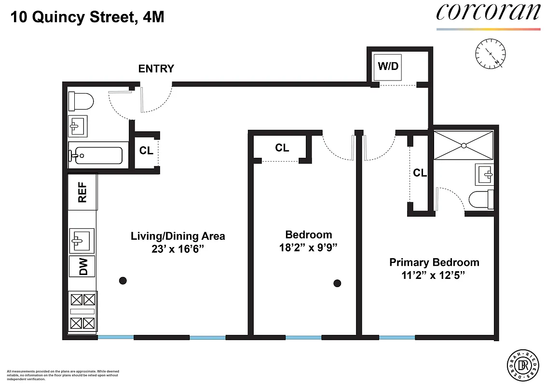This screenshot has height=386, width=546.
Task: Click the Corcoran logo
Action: point(488,13)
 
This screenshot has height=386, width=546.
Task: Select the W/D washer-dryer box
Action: point(388,67)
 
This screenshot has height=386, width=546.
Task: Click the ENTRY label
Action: point(156,69)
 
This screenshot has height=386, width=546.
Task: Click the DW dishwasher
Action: point(82,266)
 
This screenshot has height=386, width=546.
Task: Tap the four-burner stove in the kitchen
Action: point(83,311)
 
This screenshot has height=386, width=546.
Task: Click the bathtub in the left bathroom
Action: point(96,155)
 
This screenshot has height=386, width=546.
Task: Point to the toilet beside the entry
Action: point(81,101)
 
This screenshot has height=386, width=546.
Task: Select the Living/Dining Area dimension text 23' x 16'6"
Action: point(178,249)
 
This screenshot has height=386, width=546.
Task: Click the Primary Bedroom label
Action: point(434,262)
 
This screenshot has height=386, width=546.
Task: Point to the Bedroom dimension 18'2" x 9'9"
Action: point(309,248)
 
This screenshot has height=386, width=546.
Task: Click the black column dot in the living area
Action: point(123,280)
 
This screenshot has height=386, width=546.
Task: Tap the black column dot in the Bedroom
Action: point(338,283)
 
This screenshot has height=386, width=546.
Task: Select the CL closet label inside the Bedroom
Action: point(282,148)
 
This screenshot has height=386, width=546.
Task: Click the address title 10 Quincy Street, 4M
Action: point(87,18)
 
